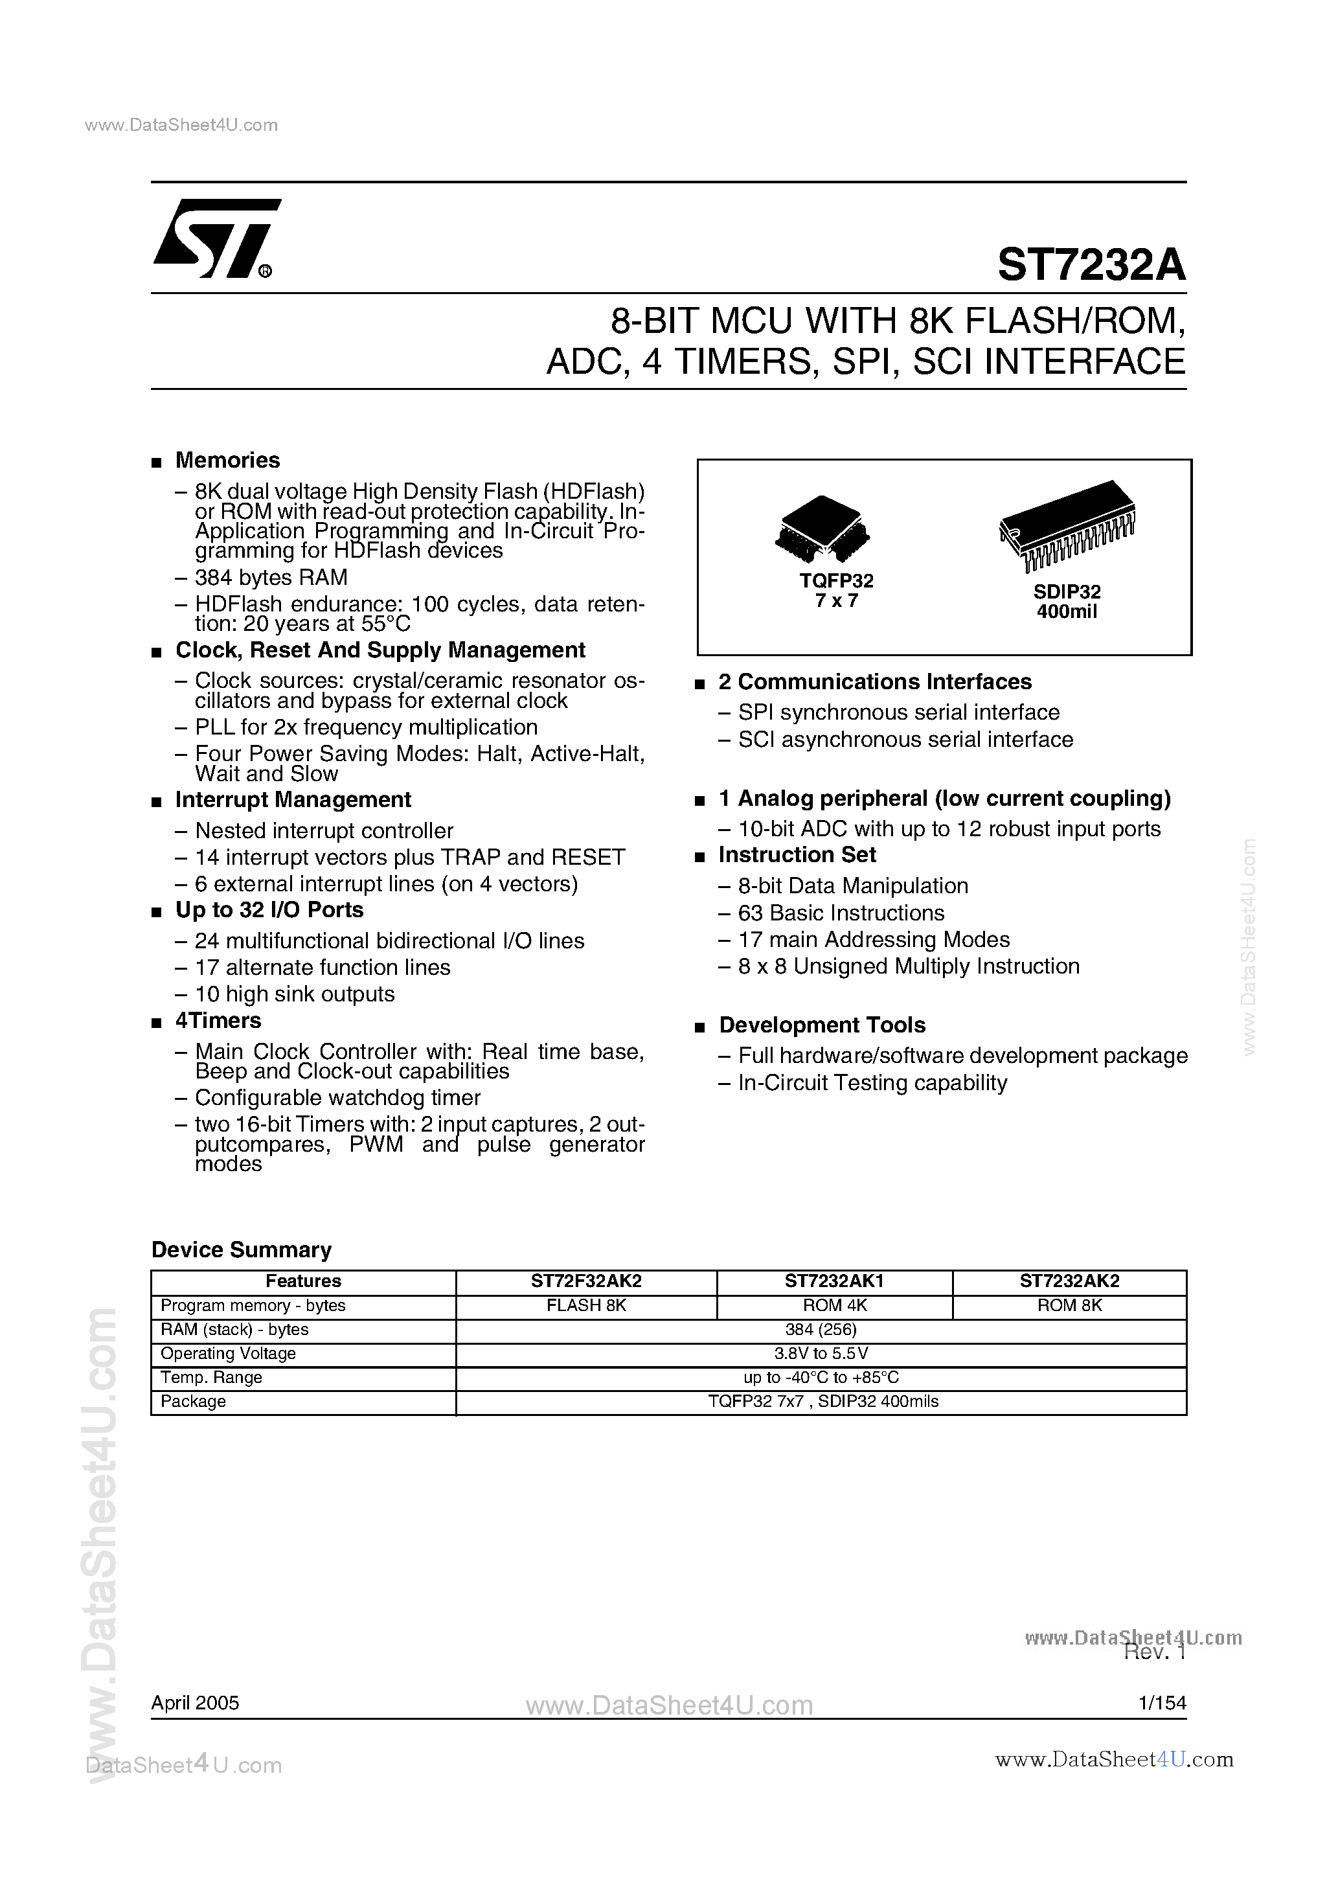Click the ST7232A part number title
tap(1091, 265)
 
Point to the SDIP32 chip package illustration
tap(1067, 524)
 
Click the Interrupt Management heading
tap(293, 800)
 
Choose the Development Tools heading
tap(822, 1025)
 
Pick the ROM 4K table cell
tap(834, 1306)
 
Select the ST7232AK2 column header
tap(1069, 1281)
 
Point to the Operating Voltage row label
tap(228, 1354)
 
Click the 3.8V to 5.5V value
tap(820, 1354)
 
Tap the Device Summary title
tap(241, 1249)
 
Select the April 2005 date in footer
tap(195, 1703)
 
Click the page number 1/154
tap(1161, 1703)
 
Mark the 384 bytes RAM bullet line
tap(271, 577)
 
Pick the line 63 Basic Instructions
tap(841, 913)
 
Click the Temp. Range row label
tap(211, 1378)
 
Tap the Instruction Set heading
tap(797, 856)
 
